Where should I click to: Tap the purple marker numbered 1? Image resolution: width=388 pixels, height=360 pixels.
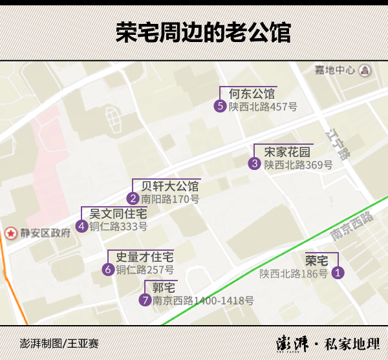coord(338,273)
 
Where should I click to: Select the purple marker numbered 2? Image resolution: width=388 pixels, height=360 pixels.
coord(133,199)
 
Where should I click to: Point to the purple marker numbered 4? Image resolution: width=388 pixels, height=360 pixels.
coord(81,226)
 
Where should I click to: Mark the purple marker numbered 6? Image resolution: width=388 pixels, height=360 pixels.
coord(108,270)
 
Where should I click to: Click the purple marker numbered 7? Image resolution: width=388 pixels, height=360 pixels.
coord(145,300)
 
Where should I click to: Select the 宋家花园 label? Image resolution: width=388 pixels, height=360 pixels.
coord(287,152)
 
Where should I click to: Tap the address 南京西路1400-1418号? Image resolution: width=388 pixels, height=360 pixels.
coord(203,301)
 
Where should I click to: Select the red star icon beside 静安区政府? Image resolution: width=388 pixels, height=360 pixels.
coord(10,233)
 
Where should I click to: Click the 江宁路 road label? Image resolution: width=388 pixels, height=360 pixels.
coord(338,144)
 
